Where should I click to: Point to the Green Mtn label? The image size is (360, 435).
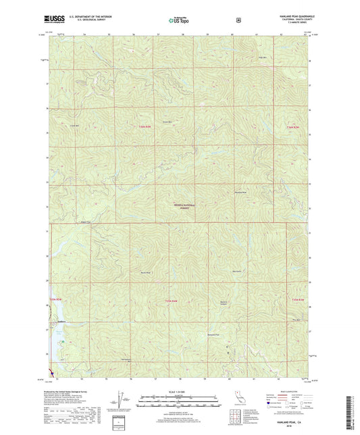pyautogui.click(x=181, y=122)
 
